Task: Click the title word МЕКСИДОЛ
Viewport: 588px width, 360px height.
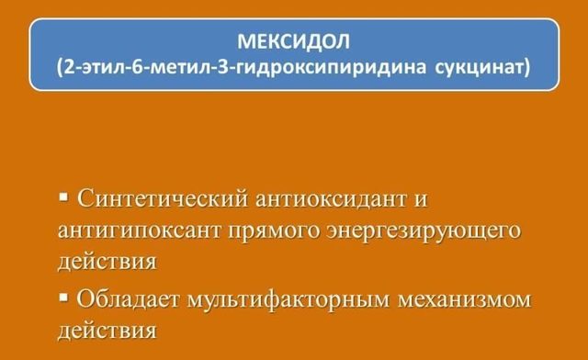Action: tap(293, 42)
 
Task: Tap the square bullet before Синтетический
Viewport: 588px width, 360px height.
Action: tap(63, 197)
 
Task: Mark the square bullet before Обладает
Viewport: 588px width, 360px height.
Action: tap(63, 296)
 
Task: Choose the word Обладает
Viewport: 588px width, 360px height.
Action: tap(129, 298)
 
